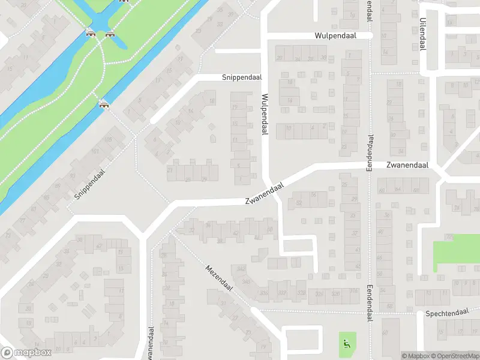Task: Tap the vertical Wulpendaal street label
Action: (263, 113)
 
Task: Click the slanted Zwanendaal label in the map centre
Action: (263, 195)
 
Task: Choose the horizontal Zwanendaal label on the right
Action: (407, 165)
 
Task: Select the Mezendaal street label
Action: (218, 278)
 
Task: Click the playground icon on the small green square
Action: (346, 344)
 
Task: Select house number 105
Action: (108, 140)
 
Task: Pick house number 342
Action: (241, 269)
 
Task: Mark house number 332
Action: (282, 293)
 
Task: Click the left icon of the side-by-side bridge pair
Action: (91, 34)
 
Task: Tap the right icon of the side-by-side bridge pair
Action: (109, 34)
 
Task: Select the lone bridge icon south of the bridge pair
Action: (104, 105)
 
